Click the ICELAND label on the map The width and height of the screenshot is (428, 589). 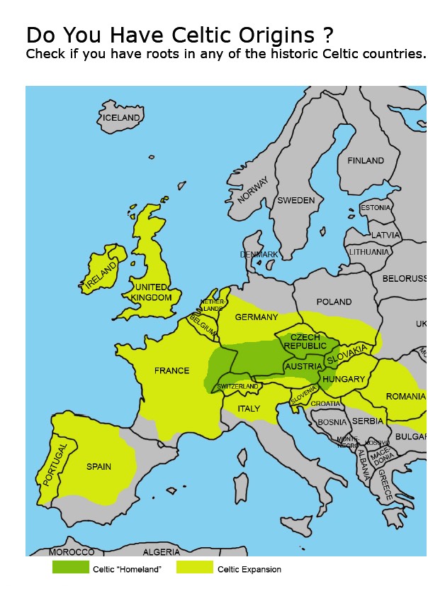pos(121,118)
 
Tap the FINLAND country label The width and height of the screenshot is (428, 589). pos(366,161)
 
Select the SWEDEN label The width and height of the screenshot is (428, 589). pos(295,201)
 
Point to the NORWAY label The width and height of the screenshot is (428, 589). pos(253,190)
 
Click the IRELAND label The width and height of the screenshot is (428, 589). pos(100,277)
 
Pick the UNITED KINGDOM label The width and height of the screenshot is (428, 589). pos(153,292)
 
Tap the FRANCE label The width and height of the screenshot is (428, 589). pos(172,370)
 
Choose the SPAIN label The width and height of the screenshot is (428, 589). pos(98,467)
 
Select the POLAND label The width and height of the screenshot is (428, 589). pos(334,302)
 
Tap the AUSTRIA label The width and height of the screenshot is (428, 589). pos(303,367)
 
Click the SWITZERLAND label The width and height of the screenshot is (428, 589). pos(237,386)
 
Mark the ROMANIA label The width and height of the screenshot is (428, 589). pos(405,397)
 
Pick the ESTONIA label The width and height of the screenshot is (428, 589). pos(376,208)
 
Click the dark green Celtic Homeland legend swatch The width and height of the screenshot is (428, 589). pos(71,568)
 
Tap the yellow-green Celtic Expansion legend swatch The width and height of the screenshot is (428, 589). pos(195,568)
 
